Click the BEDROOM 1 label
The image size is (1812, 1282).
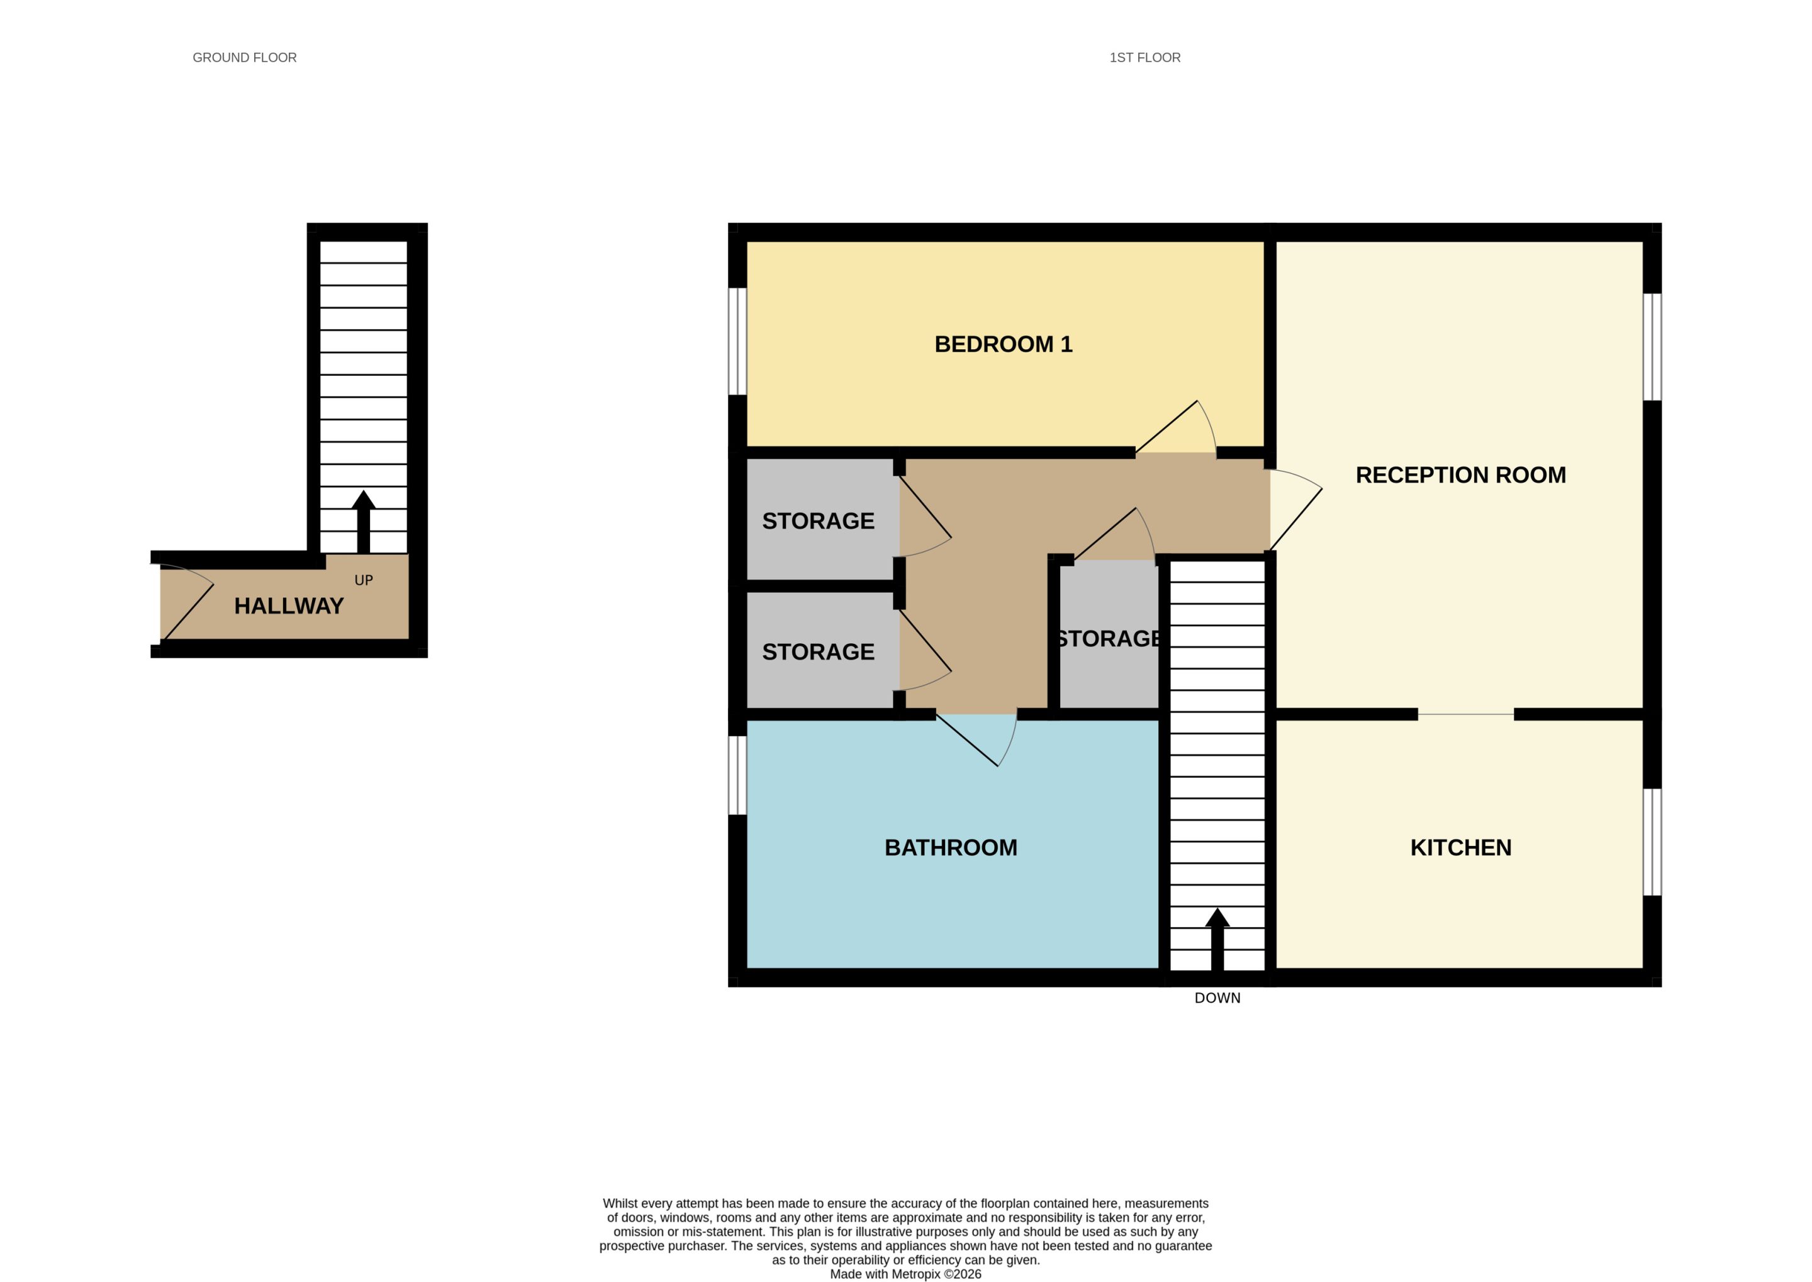pyautogui.click(x=1003, y=344)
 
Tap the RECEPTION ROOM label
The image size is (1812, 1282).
pyautogui.click(x=1461, y=475)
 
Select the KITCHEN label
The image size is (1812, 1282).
pyautogui.click(x=1461, y=848)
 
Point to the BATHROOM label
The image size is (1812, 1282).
pyautogui.click(x=951, y=848)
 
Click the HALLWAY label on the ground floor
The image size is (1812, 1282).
pyautogui.click(x=289, y=606)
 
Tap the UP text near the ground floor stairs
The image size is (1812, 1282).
pyautogui.click(x=364, y=580)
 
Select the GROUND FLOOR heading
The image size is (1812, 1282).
pyautogui.click(x=245, y=58)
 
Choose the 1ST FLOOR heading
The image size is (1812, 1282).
pyautogui.click(x=1145, y=58)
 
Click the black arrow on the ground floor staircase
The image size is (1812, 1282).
pyautogui.click(x=364, y=522)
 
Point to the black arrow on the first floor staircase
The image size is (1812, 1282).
pyautogui.click(x=1217, y=940)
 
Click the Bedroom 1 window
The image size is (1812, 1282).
pyautogui.click(x=737, y=341)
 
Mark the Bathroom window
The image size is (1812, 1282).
pyautogui.click(x=737, y=775)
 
